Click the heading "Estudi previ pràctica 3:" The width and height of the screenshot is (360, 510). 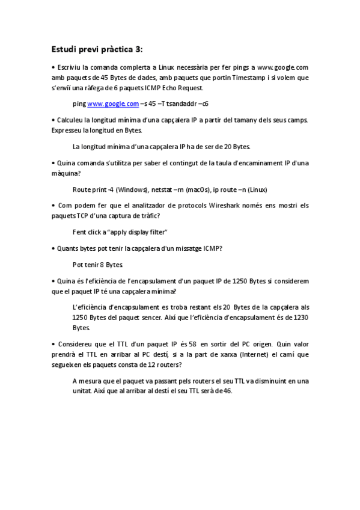pos(97,49)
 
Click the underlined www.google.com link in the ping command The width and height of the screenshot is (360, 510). pos(113,104)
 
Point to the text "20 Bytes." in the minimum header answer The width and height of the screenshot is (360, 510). pos(236,146)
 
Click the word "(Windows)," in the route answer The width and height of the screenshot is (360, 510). pos(132,189)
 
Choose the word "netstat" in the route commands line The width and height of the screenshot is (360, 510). pos(163,189)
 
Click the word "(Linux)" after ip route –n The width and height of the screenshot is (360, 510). pos(262,189)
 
